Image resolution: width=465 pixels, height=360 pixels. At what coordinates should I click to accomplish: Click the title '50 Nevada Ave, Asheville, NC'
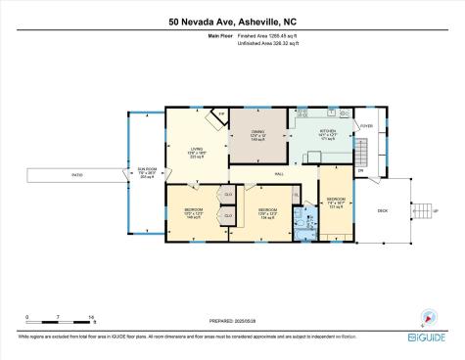[232, 20]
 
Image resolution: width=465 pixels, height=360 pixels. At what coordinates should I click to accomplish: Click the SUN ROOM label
[148, 171]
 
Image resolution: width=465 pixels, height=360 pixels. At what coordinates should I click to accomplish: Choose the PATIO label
[75, 175]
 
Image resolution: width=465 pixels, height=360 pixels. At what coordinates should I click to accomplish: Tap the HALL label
[279, 173]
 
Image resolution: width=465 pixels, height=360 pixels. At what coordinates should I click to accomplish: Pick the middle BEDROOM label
[267, 208]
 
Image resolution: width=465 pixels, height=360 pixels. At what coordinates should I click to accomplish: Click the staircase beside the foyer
[360, 152]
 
